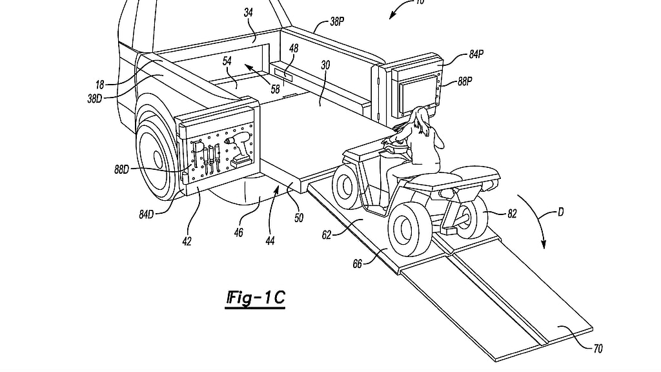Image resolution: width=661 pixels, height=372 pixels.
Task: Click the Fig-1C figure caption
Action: (x=256, y=298)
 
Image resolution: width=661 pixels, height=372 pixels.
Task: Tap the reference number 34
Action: (x=249, y=13)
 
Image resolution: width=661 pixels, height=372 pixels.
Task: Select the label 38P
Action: (x=337, y=21)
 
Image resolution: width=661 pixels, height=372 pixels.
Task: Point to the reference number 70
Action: (x=598, y=348)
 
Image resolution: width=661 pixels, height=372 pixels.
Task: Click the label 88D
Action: (x=121, y=170)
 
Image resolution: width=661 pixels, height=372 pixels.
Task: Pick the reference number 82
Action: (x=512, y=214)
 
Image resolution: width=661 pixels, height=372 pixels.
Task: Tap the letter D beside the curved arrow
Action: (x=560, y=212)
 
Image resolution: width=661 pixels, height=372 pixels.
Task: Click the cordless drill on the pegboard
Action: (x=239, y=148)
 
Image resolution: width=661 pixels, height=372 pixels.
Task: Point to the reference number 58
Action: (x=275, y=89)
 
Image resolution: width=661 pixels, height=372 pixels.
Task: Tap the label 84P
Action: (x=476, y=54)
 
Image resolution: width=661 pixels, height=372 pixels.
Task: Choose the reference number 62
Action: (x=326, y=235)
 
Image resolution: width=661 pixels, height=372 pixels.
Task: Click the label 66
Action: (x=357, y=264)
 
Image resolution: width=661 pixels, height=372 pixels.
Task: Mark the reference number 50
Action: (x=299, y=218)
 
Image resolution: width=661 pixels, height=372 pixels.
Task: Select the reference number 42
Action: (x=187, y=241)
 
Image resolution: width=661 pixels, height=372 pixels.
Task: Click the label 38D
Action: (x=95, y=99)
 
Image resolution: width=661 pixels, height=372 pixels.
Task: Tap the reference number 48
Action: (x=294, y=48)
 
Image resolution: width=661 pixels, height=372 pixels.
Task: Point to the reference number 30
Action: (x=325, y=65)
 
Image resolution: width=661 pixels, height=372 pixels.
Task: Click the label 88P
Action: (x=465, y=81)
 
